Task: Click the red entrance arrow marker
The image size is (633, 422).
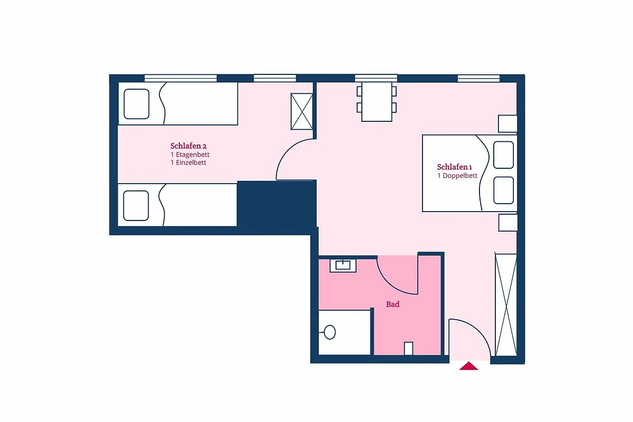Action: tap(468, 366)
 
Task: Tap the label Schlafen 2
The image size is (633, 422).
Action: tap(188, 146)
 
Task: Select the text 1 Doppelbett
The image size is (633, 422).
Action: tap(457, 176)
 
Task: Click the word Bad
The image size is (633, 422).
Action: tap(393, 304)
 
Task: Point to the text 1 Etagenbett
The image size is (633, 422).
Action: tap(190, 155)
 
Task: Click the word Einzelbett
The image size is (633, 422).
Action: tap(191, 162)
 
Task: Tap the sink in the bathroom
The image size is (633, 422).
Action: tap(343, 265)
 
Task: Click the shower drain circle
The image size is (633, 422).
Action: tap(330, 332)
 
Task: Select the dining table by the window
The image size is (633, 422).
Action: tap(377, 102)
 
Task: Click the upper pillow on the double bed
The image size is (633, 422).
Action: tap(504, 155)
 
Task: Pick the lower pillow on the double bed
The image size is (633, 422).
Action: tap(504, 190)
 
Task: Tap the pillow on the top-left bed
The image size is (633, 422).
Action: tap(137, 104)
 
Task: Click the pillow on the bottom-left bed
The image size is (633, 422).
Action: tap(136, 206)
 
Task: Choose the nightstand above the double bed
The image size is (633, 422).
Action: tap(507, 123)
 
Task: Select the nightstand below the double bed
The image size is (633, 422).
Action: tap(508, 223)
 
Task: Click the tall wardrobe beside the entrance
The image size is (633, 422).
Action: tap(506, 305)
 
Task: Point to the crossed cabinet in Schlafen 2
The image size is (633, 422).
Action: tap(302, 111)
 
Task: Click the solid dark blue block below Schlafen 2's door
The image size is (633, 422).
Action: tap(276, 204)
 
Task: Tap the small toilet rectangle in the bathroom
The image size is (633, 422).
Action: tap(408, 348)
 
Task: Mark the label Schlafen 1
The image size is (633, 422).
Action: tap(454, 167)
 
